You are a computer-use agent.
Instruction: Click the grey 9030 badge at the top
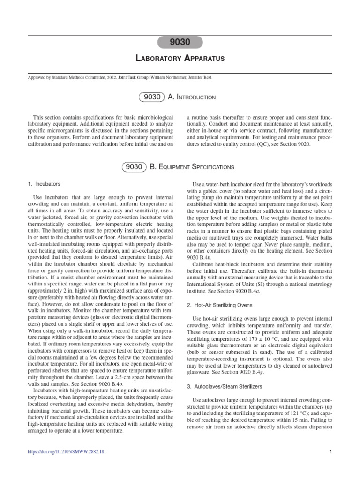click(x=180, y=42)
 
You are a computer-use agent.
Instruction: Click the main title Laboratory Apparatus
click(x=180, y=59)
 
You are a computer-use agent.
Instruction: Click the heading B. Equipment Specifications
click(x=191, y=166)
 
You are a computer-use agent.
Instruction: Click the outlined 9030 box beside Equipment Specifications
click(x=133, y=166)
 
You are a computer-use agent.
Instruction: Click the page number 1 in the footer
click(x=331, y=452)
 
